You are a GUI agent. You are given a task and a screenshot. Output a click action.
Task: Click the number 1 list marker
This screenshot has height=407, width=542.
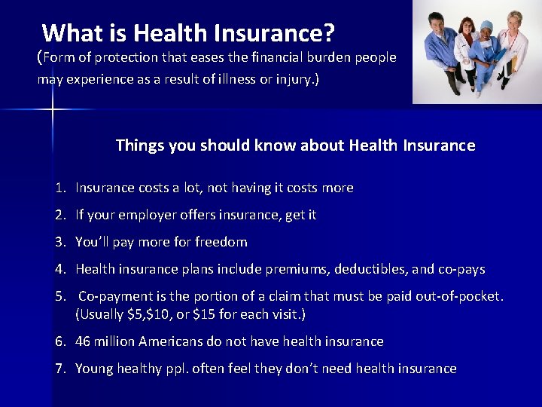pos(59,188)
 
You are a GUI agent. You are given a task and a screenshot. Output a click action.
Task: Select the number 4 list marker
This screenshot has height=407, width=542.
pos(59,269)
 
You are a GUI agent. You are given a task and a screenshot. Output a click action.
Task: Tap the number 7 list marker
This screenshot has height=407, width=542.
pos(59,369)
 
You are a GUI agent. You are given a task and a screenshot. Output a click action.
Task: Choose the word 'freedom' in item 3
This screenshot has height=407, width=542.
pos(221,242)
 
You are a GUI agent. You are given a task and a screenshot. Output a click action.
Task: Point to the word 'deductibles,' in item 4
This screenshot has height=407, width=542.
pos(358,269)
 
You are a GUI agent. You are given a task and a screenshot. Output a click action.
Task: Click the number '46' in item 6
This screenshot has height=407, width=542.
pos(83,341)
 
